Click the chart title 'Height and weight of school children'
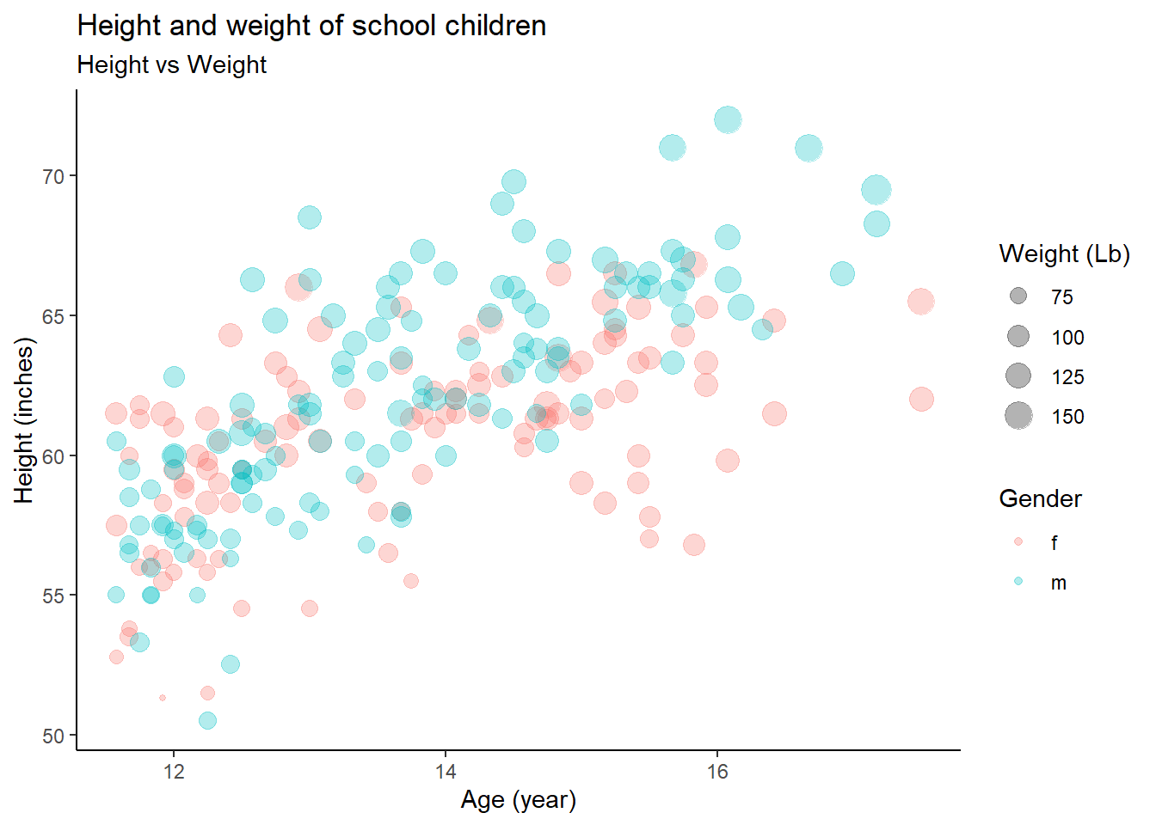311,26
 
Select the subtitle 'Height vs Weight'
172,65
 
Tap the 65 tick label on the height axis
53,316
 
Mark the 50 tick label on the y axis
53,736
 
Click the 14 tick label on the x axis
446,771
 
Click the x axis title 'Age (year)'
518,800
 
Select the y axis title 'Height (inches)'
24,420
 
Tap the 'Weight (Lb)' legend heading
1064,254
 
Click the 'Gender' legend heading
1040,499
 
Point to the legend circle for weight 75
1018,296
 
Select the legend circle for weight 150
1018,416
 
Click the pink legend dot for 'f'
1018,542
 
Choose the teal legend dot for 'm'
1018,582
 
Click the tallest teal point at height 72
728,119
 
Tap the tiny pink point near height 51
163,698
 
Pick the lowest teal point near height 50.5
207,720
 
